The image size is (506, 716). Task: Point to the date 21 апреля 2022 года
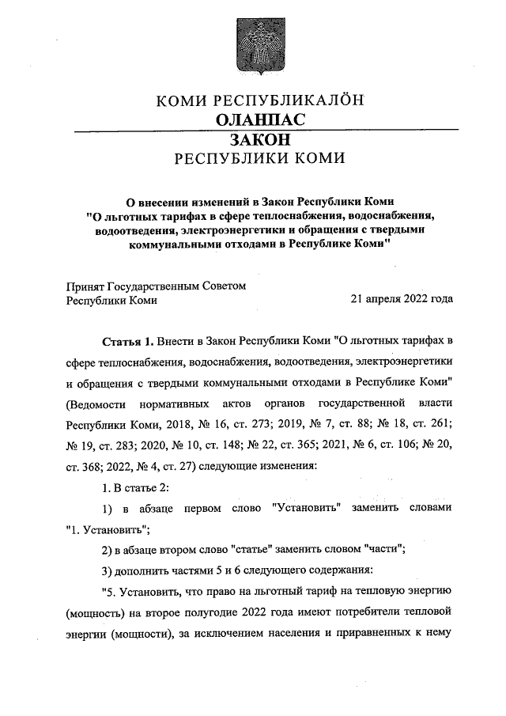[x=401, y=300]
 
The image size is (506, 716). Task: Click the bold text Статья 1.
[x=126, y=342]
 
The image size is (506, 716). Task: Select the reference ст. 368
[x=86, y=464]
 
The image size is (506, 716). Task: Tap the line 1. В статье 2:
[x=136, y=485]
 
